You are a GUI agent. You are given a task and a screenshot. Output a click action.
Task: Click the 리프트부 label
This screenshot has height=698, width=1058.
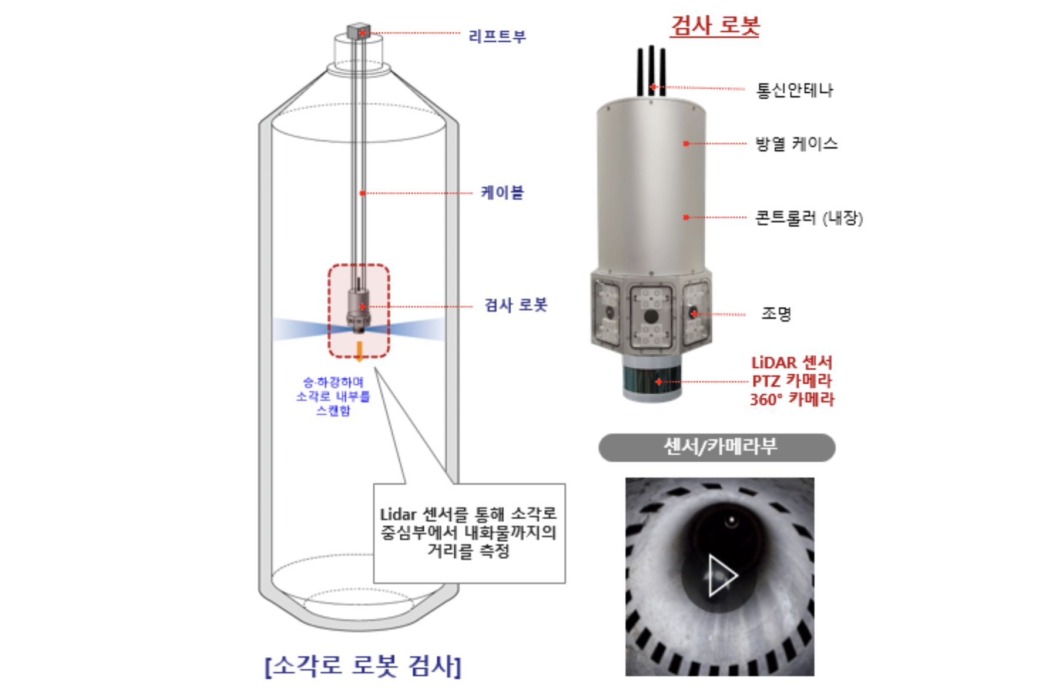(497, 36)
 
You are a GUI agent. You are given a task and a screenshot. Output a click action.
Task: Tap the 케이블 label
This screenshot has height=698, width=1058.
(503, 192)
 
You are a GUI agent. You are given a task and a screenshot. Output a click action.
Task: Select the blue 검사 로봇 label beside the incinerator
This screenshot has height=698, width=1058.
(516, 305)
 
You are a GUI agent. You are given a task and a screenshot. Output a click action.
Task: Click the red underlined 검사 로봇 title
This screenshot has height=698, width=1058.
(715, 26)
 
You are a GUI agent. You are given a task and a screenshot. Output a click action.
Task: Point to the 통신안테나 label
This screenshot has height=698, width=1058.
(795, 90)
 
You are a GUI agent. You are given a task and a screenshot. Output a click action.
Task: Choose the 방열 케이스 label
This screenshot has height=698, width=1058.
(796, 143)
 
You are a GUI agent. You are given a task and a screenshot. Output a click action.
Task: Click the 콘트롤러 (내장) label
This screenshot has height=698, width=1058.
(809, 218)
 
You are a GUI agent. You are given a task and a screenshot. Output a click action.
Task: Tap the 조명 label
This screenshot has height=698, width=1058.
(776, 313)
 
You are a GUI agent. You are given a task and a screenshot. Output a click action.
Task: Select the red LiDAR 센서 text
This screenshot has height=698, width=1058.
(792, 363)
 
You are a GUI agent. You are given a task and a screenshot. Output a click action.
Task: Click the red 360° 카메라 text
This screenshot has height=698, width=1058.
(792, 400)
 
